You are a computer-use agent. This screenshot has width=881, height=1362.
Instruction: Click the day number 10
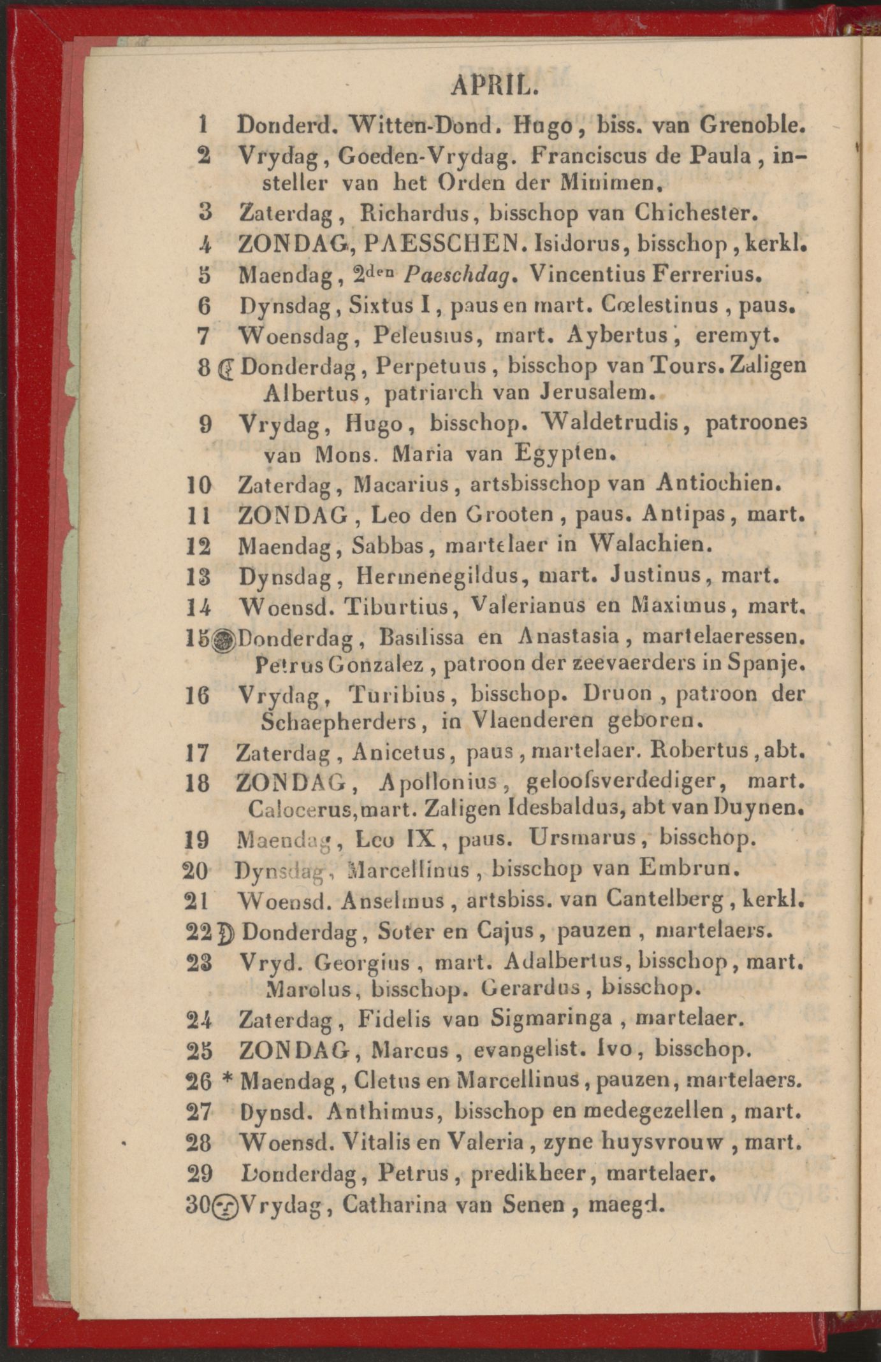coord(198,485)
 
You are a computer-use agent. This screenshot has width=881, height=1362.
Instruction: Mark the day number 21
coord(197,901)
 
